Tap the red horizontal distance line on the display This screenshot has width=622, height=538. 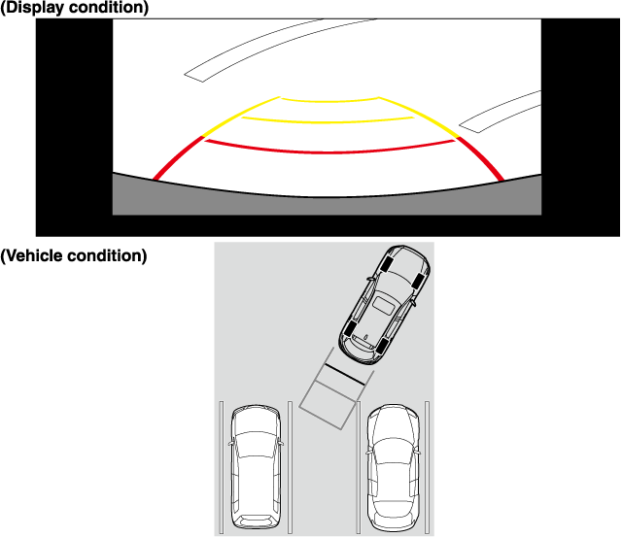pyautogui.click(x=329, y=151)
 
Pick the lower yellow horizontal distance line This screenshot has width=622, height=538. pyautogui.click(x=328, y=121)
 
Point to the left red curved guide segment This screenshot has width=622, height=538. pyautogui.click(x=176, y=157)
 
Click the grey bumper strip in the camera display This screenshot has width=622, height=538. pyautogui.click(x=327, y=205)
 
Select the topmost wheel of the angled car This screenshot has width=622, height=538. pyautogui.click(x=387, y=263)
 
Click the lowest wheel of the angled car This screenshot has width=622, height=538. pyautogui.click(x=381, y=346)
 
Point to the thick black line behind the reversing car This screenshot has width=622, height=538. pyautogui.click(x=344, y=374)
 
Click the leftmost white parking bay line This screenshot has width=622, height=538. pyautogui.click(x=222, y=467)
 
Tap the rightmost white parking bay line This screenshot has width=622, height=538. pyautogui.click(x=428, y=467)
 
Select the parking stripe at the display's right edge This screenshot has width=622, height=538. pyautogui.click(x=501, y=111)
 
